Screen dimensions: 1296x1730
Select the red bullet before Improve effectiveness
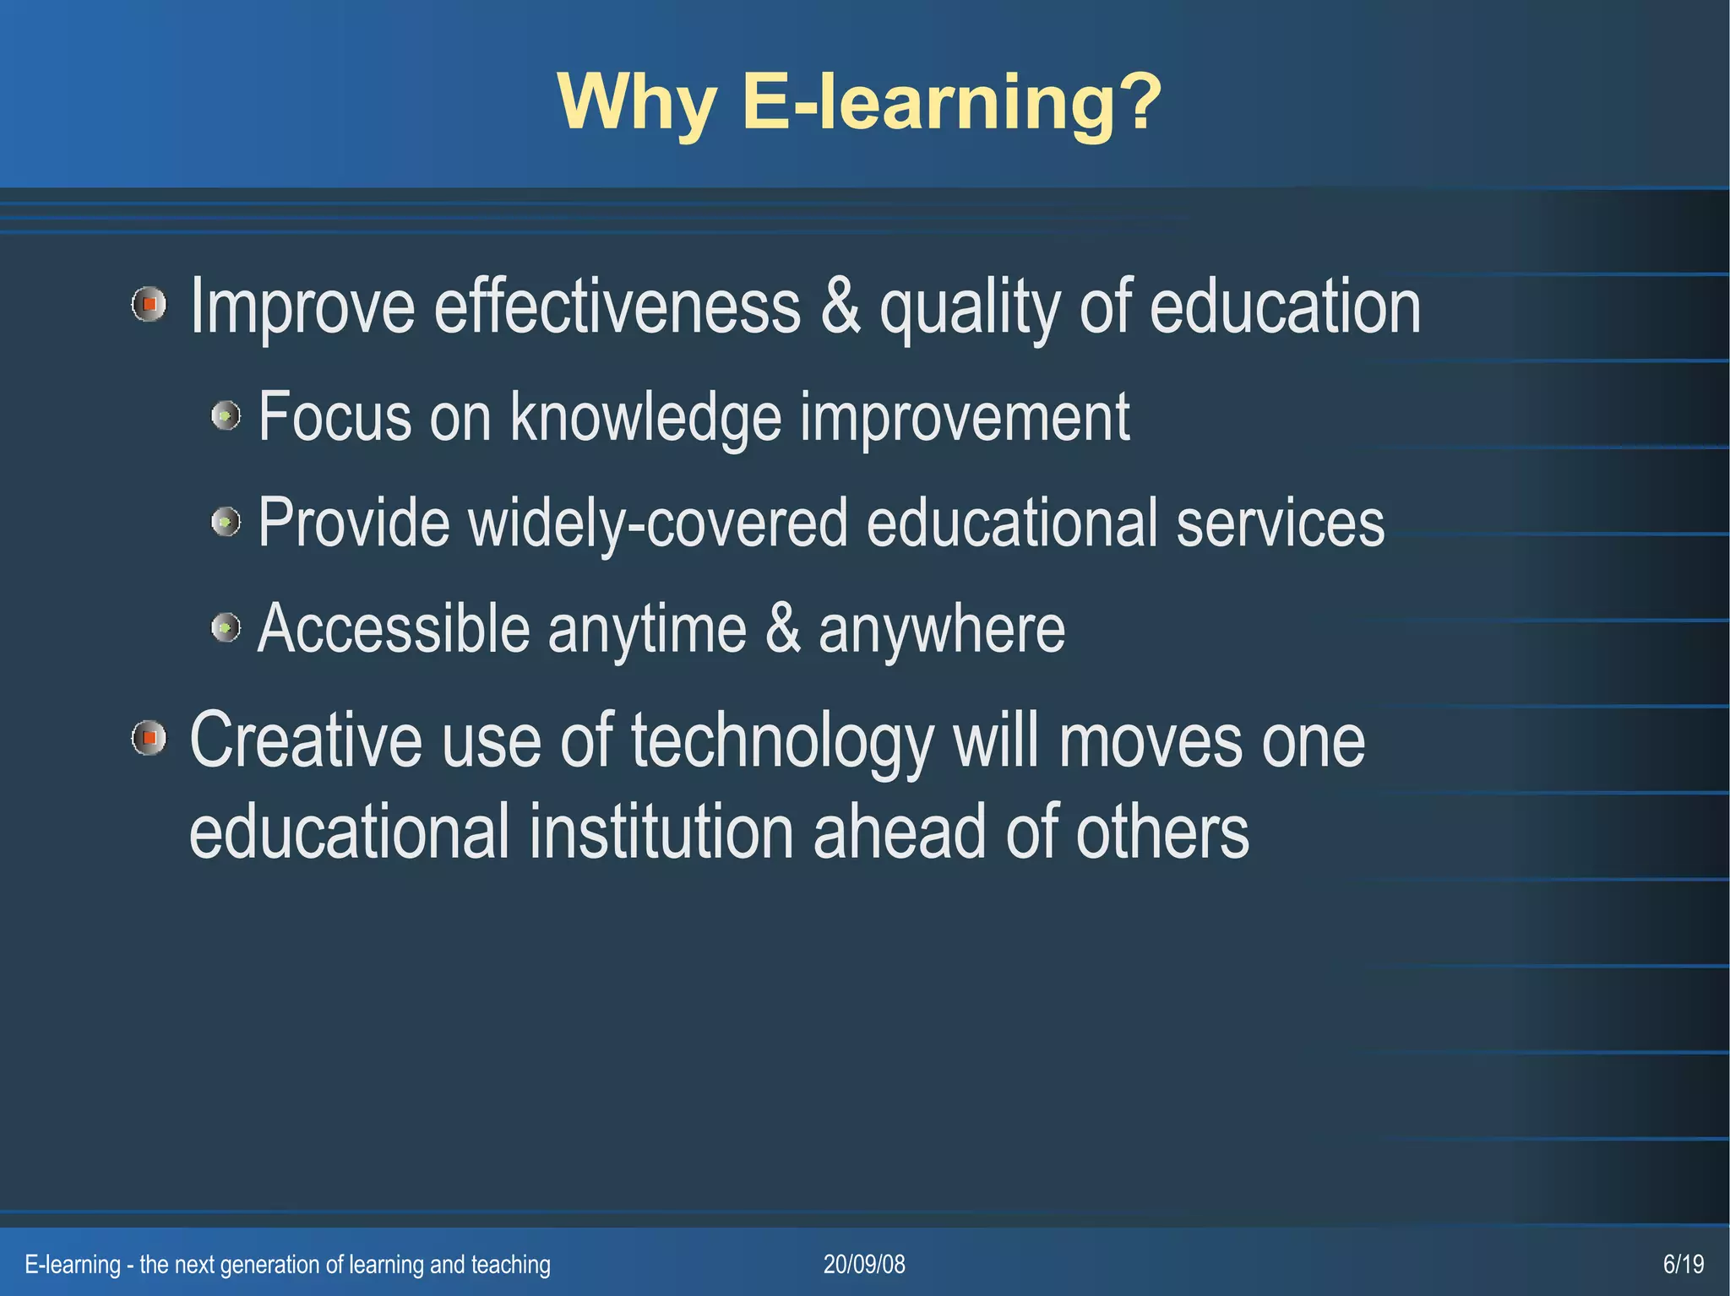pyautogui.click(x=150, y=304)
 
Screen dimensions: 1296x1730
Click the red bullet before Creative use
pyautogui.click(x=150, y=739)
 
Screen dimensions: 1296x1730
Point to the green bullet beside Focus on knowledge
pyautogui.click(x=226, y=415)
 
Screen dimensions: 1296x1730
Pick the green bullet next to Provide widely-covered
pyautogui.click(x=226, y=522)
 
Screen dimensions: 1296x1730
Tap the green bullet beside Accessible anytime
pyautogui.click(x=226, y=627)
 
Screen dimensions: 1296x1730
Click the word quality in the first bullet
pyautogui.click(x=970, y=308)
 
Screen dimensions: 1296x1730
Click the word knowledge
pyautogui.click(x=646, y=417)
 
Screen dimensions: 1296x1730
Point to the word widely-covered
pyautogui.click(x=657, y=523)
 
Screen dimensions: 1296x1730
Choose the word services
pyautogui.click(x=1280, y=523)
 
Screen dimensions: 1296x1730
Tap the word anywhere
pyautogui.click(x=941, y=630)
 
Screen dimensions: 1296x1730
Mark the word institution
pyautogui.click(x=661, y=832)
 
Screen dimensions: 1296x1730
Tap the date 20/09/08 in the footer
pyautogui.click(x=864, y=1264)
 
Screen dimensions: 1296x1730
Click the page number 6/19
pyautogui.click(x=1683, y=1264)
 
